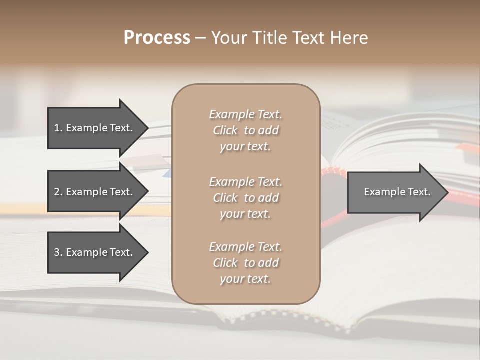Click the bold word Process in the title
point(157,38)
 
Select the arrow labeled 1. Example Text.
point(95,128)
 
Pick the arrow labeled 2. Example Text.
point(95,192)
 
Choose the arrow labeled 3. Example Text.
point(95,252)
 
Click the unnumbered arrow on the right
point(395,192)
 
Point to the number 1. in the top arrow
point(58,128)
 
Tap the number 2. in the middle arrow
point(58,192)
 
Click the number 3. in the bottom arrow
point(58,252)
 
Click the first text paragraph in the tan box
point(245,130)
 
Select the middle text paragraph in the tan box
point(245,198)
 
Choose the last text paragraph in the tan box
point(245,263)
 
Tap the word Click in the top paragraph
point(225,130)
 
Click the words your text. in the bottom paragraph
point(245,279)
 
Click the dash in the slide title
point(201,38)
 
